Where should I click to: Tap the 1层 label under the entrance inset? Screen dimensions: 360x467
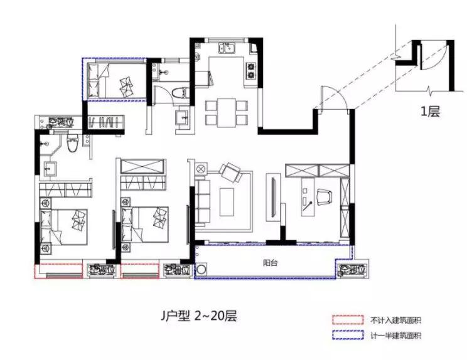click(430, 113)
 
